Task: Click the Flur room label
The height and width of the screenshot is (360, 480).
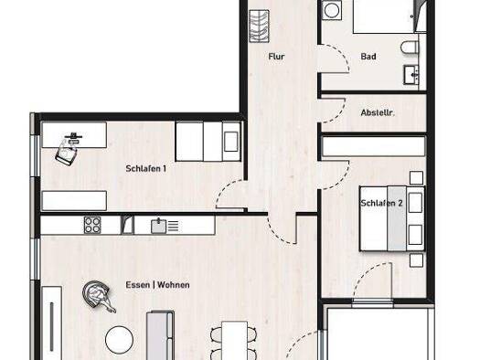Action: click(x=276, y=57)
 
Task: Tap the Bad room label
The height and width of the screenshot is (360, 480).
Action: click(x=368, y=57)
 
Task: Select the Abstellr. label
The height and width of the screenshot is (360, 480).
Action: click(x=378, y=113)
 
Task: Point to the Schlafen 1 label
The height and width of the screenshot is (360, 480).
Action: click(x=146, y=168)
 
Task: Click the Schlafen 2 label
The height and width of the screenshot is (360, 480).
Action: click(x=381, y=203)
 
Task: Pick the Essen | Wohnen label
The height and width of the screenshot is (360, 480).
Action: click(x=157, y=285)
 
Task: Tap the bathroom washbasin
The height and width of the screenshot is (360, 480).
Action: click(x=411, y=75)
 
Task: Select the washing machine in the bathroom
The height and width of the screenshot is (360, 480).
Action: click(x=332, y=10)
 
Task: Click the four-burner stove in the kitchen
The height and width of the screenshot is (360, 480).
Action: click(x=92, y=225)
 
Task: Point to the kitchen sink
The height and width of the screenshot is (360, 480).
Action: click(x=158, y=226)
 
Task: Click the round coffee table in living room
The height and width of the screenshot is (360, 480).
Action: click(x=120, y=340)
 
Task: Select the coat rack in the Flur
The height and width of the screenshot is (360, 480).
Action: click(x=260, y=26)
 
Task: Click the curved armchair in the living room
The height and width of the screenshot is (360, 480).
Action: click(x=97, y=296)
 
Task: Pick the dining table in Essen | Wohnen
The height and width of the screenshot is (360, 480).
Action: click(x=234, y=340)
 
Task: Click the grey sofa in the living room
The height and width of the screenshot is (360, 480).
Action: click(x=160, y=335)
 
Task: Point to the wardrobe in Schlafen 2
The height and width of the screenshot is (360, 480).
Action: click(x=374, y=147)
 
